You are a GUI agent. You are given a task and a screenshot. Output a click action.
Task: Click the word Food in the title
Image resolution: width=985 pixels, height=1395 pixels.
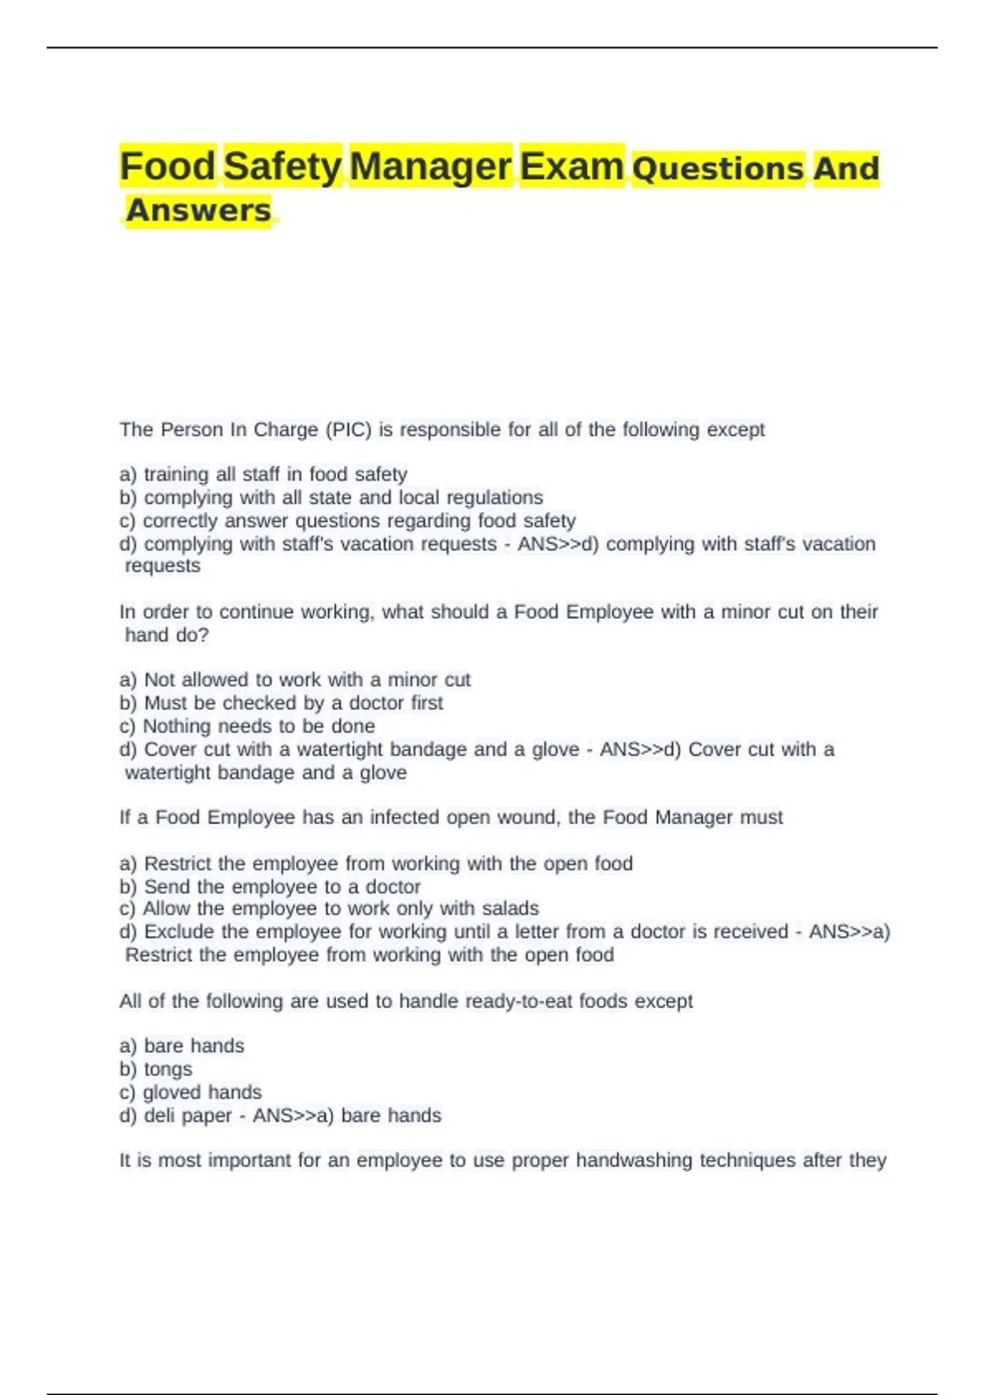(167, 166)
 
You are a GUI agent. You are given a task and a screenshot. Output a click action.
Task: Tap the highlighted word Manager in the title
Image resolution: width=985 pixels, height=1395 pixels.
(430, 166)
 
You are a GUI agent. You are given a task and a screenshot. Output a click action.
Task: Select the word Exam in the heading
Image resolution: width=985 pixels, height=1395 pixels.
(571, 166)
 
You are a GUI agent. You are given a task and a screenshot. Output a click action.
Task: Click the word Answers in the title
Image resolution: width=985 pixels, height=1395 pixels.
(198, 210)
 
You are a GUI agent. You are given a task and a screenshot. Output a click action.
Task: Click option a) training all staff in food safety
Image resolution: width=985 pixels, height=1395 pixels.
(263, 474)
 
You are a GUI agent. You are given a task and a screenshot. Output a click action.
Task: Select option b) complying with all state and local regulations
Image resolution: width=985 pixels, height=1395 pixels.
(331, 497)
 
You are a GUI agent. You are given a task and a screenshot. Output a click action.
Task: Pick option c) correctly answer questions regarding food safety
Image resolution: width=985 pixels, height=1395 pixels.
(347, 520)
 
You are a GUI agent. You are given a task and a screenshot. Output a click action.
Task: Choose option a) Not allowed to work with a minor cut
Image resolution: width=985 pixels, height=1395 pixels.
(295, 679)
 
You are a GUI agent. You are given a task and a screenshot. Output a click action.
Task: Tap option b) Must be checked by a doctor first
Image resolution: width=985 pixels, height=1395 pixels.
(281, 702)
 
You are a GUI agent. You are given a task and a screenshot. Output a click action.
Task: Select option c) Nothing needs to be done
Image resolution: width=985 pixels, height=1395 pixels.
(247, 725)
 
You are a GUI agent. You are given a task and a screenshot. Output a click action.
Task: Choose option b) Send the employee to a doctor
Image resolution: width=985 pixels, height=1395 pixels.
(270, 886)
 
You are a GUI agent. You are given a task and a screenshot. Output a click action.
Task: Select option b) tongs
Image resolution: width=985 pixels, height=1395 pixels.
(156, 1069)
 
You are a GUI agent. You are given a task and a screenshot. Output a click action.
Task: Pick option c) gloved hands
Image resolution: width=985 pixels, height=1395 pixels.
(190, 1092)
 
